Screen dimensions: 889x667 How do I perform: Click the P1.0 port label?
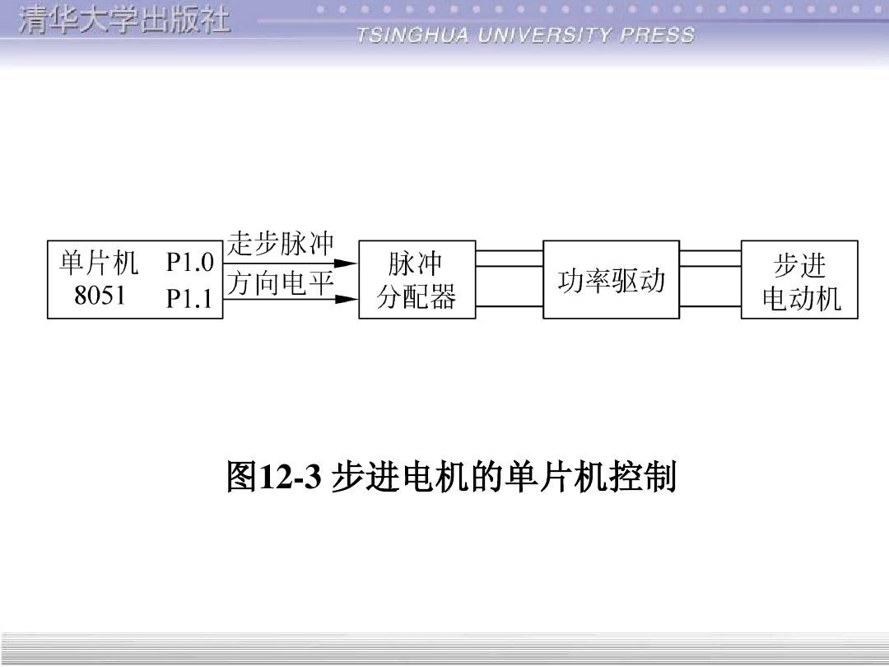point(189,264)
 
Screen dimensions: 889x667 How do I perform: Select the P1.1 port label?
point(189,298)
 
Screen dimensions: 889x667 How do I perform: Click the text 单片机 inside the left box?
point(99,264)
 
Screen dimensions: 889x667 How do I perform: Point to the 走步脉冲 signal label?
point(282,245)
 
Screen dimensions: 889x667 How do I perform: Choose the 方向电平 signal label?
point(280,283)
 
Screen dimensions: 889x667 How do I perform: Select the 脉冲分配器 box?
point(417,279)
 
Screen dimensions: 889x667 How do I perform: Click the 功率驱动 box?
point(611,280)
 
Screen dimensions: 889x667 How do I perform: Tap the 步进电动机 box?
point(799,280)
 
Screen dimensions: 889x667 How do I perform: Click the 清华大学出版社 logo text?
point(123,21)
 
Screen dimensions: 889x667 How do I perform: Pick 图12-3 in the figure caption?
point(272,477)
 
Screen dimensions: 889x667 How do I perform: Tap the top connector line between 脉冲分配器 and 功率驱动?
point(509,250)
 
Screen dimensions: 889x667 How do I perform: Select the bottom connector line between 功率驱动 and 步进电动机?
point(710,306)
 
